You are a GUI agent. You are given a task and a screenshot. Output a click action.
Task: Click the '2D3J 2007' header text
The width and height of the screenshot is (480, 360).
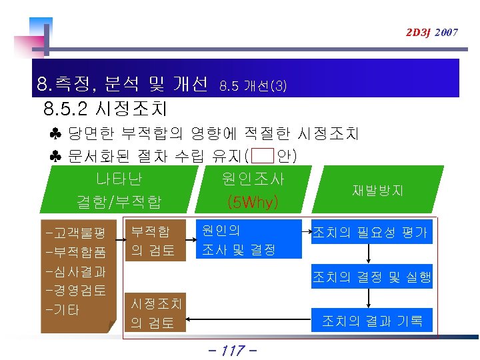point(431,32)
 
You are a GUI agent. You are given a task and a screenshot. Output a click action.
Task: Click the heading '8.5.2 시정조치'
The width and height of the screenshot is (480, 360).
point(105,108)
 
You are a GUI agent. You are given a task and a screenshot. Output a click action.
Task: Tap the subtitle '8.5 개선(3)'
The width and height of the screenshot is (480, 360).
point(253,86)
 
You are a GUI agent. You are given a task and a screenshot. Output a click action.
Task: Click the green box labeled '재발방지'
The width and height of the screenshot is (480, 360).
point(377,190)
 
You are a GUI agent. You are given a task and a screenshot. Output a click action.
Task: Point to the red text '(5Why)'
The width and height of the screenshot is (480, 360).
point(253,201)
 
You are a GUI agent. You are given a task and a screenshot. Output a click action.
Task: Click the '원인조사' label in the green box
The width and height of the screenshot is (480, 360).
point(253,179)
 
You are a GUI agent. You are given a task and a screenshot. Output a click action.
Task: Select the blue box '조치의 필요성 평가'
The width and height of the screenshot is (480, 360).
point(370,233)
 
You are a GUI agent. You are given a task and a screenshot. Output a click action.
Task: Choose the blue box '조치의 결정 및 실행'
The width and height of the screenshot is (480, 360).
point(372,277)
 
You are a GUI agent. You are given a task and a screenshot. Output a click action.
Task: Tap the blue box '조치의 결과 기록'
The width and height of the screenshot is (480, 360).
point(372,321)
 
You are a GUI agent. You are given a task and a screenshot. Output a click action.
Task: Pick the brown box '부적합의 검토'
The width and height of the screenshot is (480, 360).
point(153,241)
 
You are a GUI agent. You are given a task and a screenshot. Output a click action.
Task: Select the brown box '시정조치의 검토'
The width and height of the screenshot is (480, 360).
point(156,313)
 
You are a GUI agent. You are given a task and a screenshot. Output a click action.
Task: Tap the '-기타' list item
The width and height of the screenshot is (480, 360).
point(61,310)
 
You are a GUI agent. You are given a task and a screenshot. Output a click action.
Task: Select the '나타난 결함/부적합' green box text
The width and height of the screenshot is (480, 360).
point(119,190)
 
